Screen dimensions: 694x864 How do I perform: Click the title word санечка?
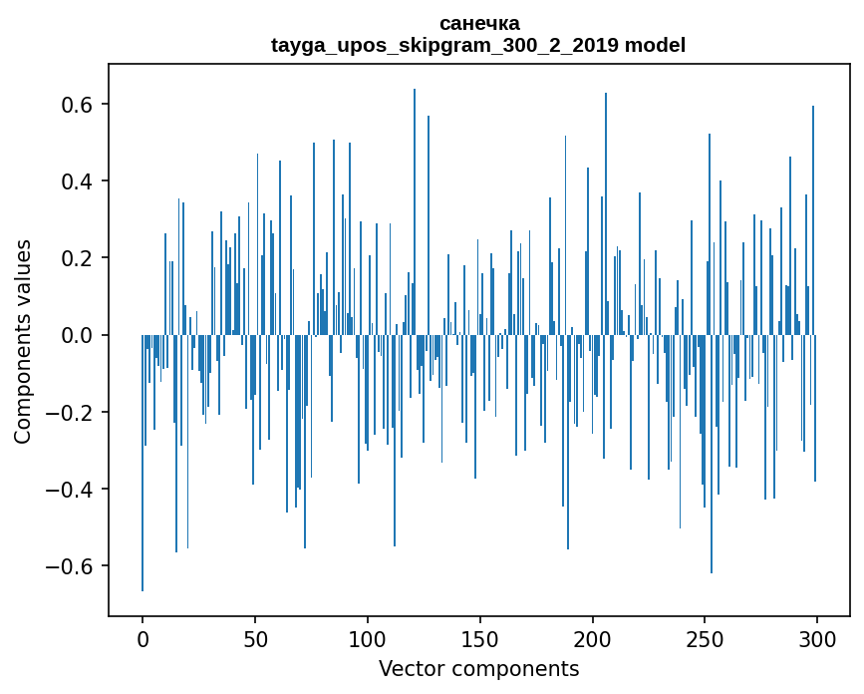478,23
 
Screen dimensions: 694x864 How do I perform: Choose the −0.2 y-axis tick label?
71,412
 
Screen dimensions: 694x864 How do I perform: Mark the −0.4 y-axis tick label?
71,489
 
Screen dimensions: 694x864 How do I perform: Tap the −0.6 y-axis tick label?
71,565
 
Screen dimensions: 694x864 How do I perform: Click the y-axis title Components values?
23,341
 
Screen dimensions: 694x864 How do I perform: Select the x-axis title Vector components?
478,668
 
